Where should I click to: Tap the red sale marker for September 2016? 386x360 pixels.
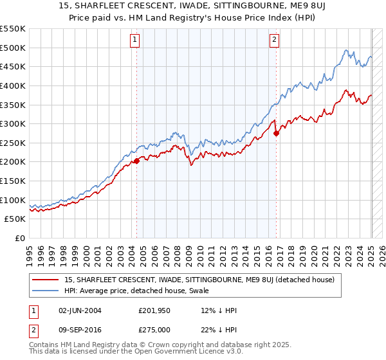276,134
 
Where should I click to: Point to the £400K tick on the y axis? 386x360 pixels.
14,85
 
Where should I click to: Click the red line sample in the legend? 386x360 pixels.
46,280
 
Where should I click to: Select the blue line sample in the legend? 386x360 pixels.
46,291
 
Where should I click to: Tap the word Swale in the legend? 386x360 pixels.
190,291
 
